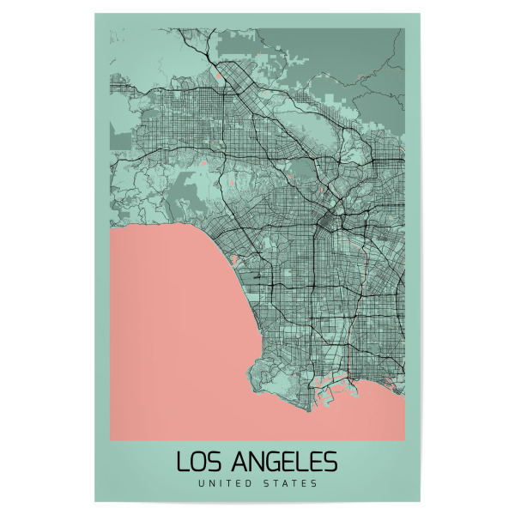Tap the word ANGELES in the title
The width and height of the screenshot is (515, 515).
point(284,461)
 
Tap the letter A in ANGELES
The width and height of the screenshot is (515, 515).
point(236,461)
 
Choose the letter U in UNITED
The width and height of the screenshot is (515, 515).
point(200,483)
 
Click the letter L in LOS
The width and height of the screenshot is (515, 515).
point(182,461)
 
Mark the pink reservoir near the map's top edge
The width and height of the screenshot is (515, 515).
point(221,76)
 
